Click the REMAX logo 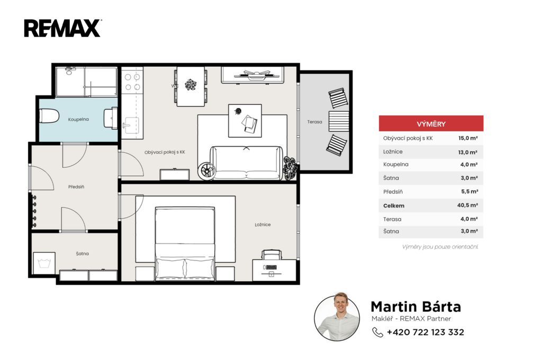[62, 28]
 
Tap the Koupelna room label [78, 119]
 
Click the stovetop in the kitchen [132, 82]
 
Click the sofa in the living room [247, 163]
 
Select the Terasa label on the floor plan [314, 122]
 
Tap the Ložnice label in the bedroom [263, 224]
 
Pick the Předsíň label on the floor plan [76, 187]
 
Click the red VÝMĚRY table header [431, 123]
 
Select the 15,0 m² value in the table [468, 138]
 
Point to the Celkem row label [394, 205]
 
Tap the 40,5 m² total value [468, 205]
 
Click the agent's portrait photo [337, 318]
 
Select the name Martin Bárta [416, 307]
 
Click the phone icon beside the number [377, 332]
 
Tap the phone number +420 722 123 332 [426, 332]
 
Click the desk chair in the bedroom [272, 255]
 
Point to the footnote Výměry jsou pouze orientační [440, 247]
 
